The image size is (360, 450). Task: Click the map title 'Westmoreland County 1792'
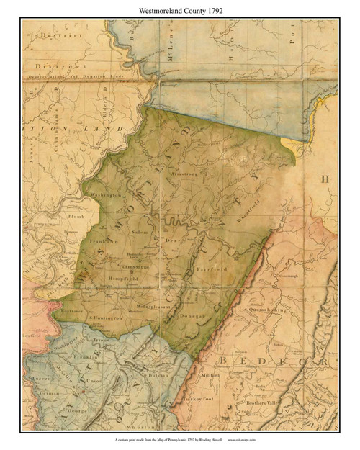tap(180, 9)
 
